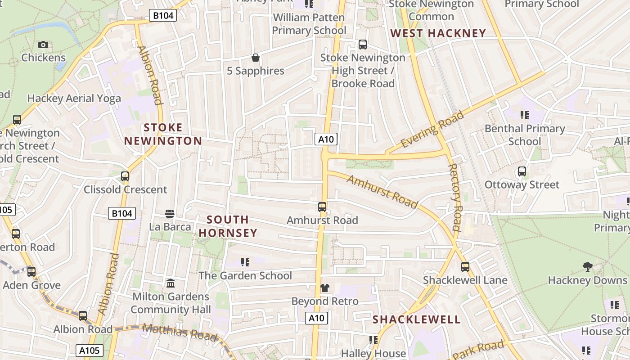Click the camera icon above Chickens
tap(43, 45)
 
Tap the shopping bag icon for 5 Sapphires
tap(255, 58)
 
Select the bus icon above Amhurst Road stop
tap(322, 207)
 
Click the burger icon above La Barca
tap(170, 213)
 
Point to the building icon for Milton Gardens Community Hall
tap(171, 283)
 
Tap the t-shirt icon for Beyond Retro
tap(324, 288)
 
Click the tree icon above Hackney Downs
tap(587, 267)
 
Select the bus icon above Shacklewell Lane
tap(465, 267)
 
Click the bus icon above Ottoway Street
tap(522, 171)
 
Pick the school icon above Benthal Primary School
tap(524, 115)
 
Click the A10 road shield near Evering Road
tap(326, 139)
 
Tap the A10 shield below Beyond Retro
tap(316, 318)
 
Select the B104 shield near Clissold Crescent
tap(121, 213)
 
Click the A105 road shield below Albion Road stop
tap(90, 351)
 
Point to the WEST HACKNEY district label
tap(438, 33)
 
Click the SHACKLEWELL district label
tap(417, 319)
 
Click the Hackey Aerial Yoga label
tap(74, 99)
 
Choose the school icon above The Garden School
tap(245, 262)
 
